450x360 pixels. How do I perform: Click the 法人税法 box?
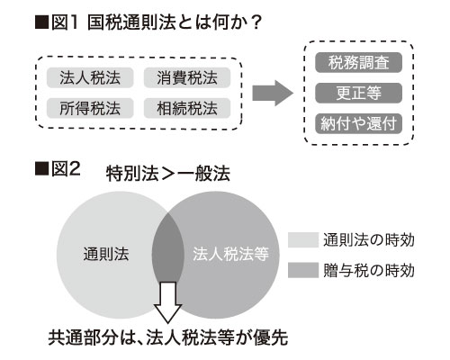tap(90, 77)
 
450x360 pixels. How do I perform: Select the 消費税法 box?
tap(187, 77)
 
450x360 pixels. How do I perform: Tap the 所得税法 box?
tap(90, 108)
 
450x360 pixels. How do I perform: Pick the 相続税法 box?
tap(187, 108)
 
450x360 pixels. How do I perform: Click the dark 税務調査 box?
tap(358, 63)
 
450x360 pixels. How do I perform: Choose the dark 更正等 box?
tap(358, 93)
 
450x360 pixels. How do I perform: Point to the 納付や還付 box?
tap(358, 123)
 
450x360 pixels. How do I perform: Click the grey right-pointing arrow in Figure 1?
tap(273, 93)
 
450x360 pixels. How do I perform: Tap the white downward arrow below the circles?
tap(168, 302)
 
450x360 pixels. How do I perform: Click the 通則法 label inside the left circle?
tap(106, 255)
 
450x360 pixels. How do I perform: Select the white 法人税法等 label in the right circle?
tap(230, 254)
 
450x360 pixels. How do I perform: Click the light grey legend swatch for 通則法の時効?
tap(303, 239)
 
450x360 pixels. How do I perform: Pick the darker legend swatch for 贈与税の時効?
tap(303, 270)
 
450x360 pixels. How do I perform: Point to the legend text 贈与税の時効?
tap(369, 270)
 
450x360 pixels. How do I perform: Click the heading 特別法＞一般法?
tap(168, 174)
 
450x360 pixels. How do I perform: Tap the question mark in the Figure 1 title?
tap(256, 22)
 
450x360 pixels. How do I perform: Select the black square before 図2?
tap(41, 169)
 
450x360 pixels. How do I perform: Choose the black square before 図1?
tap(41, 22)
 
